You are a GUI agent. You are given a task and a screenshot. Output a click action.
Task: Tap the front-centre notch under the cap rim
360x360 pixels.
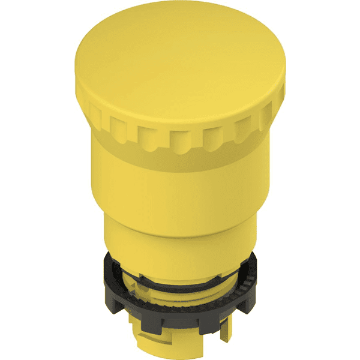178,139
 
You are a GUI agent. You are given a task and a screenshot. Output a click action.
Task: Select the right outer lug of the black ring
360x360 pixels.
251,282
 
